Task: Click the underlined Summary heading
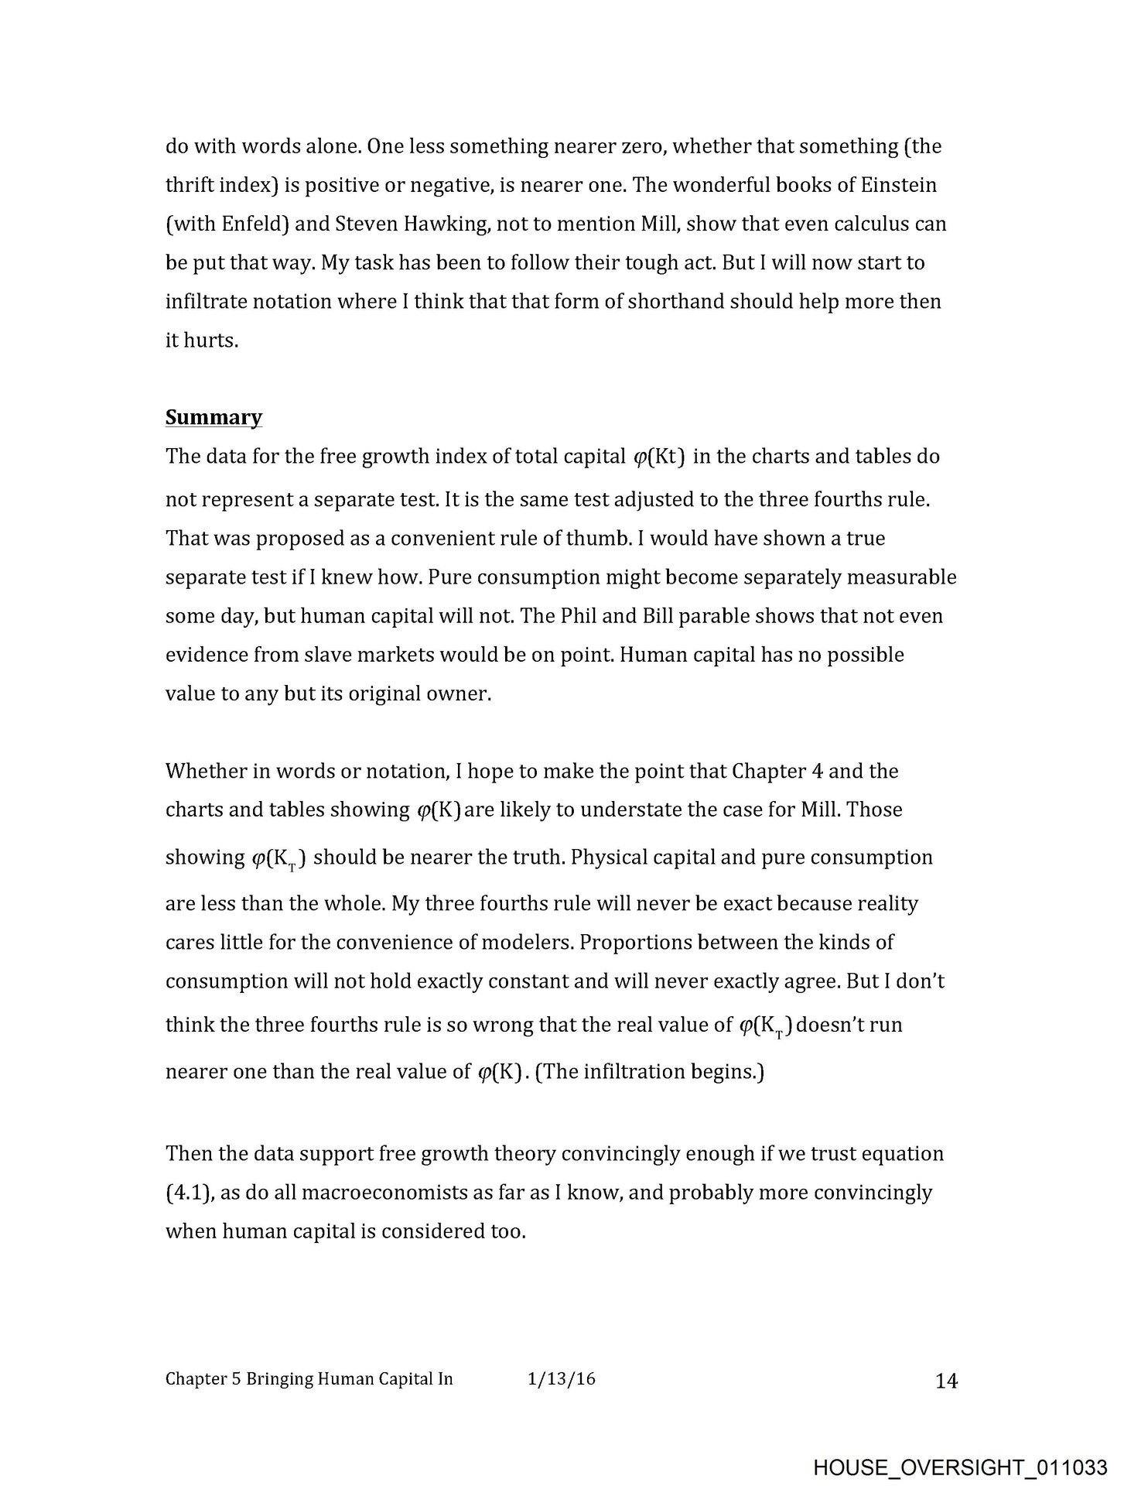click(x=214, y=417)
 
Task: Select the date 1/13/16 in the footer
click(x=561, y=1378)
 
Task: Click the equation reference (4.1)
click(x=187, y=1193)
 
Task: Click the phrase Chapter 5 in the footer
click(x=203, y=1378)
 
